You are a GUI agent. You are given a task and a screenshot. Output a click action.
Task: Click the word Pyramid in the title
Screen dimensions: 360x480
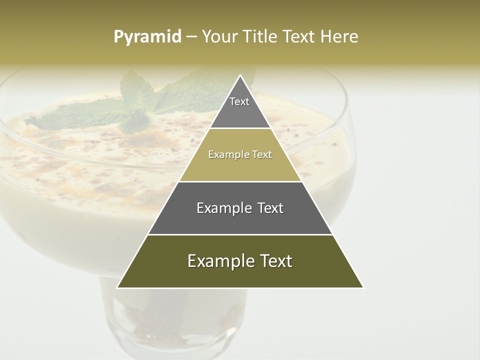pos(147,37)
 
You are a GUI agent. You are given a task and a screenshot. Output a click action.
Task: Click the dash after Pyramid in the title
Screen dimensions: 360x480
pos(191,37)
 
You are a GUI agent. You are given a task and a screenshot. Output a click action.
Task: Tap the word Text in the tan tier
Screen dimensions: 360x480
pos(262,155)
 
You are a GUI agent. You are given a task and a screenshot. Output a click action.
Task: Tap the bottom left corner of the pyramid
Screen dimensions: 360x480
pos(118,287)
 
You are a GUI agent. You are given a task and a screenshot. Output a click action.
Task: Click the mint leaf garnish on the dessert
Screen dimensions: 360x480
pos(135,107)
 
